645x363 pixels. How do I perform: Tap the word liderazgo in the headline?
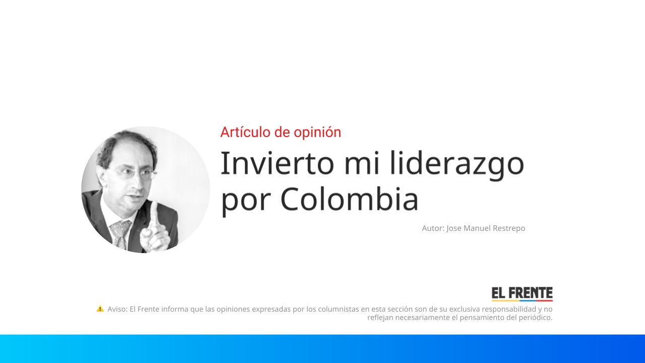tap(457, 164)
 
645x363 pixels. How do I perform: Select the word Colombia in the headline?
tap(349, 199)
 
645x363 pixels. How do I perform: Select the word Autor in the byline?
tap(433, 228)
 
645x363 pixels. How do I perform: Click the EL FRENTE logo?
tap(522, 293)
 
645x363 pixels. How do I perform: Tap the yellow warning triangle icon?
tap(100, 309)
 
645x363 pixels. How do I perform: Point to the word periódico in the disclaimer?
tap(534, 318)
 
